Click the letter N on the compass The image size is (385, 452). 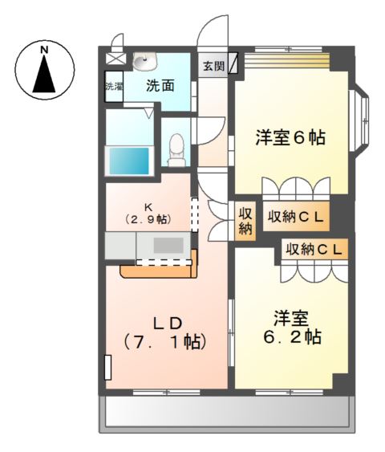coord(46,50)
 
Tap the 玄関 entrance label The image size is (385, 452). coord(212,65)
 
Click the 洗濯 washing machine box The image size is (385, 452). coord(113,87)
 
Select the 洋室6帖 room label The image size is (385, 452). coord(290,137)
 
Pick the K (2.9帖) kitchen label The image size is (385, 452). coord(148,212)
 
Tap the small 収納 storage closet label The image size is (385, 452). coord(245,221)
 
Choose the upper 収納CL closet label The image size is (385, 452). coord(296,216)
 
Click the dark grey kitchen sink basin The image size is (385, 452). coord(169,245)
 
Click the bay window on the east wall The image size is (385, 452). coord(361,120)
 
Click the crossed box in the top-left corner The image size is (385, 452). coord(115,59)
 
